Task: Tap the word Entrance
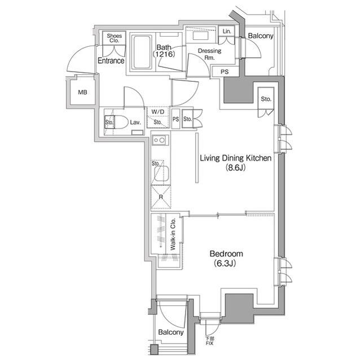coord(111,61)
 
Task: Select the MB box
coord(82,92)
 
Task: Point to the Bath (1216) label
coord(164,51)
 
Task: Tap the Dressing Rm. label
coord(209,54)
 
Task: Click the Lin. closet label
coord(227,32)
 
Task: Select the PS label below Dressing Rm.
coord(224,72)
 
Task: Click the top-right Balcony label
coord(260,36)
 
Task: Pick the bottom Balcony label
coord(170,332)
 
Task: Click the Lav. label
coord(135,122)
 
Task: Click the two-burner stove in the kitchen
coord(159,140)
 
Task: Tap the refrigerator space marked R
coord(161,197)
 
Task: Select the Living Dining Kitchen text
coord(236,158)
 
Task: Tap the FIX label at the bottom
coord(210,341)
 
